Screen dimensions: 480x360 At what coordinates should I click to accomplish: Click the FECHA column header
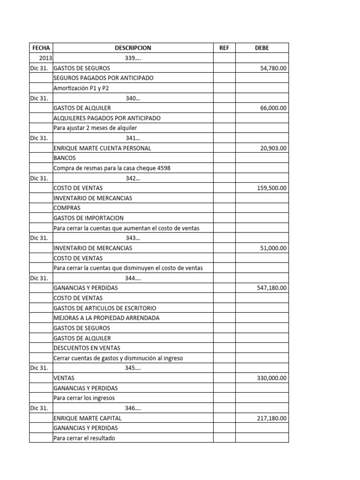point(41,48)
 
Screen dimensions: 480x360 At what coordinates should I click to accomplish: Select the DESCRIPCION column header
point(133,48)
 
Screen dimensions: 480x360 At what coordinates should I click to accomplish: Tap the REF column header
point(224,48)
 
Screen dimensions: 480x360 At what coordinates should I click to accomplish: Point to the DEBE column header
point(262,48)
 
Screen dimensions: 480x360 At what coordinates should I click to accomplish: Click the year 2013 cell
point(45,58)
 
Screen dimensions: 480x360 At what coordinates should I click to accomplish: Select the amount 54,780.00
point(273,68)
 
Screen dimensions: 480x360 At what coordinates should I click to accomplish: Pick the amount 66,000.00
point(273,108)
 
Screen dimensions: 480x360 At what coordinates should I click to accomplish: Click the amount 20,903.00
point(273,148)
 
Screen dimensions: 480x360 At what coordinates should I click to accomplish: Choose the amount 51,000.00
point(273,248)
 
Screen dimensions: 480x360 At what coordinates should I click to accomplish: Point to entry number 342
point(133,178)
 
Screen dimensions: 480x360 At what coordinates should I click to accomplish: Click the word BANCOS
point(65,158)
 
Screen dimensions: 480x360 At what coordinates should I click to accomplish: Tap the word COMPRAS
point(67,208)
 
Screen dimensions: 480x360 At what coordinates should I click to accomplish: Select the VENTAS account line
point(64,378)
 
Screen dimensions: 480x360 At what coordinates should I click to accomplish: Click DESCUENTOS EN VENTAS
point(87,348)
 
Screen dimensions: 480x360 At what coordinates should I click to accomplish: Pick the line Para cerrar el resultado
point(84,438)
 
